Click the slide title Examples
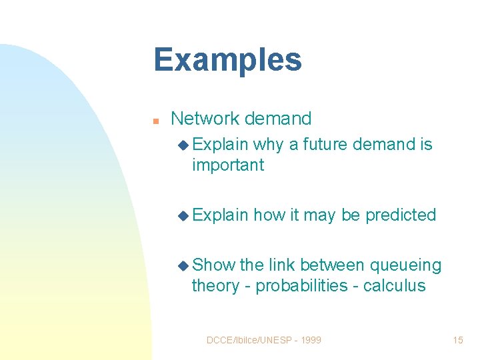[227, 60]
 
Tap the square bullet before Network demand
[155, 121]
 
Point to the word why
[268, 145]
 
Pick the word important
[228, 165]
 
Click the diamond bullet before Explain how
[183, 215]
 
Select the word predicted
[401, 215]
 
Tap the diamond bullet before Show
[183, 265]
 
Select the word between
[332, 265]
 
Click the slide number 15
[457, 340]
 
